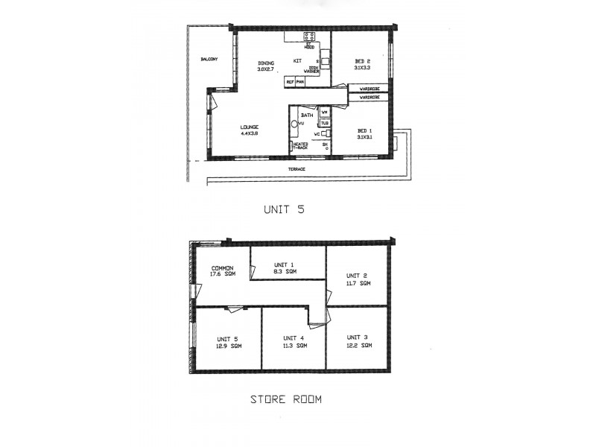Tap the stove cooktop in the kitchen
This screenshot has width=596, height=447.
(x=309, y=36)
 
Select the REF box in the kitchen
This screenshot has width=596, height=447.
(x=290, y=81)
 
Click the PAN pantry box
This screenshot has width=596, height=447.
(x=300, y=81)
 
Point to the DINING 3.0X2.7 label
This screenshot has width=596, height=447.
(x=266, y=66)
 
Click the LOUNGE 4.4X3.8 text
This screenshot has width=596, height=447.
(x=249, y=130)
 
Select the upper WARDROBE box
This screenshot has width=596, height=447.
(x=369, y=88)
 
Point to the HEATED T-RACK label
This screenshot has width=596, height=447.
(x=300, y=146)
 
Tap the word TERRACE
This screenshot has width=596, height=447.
(x=297, y=170)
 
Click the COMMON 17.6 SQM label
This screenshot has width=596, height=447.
(x=223, y=271)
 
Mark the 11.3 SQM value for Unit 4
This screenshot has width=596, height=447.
(x=296, y=346)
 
